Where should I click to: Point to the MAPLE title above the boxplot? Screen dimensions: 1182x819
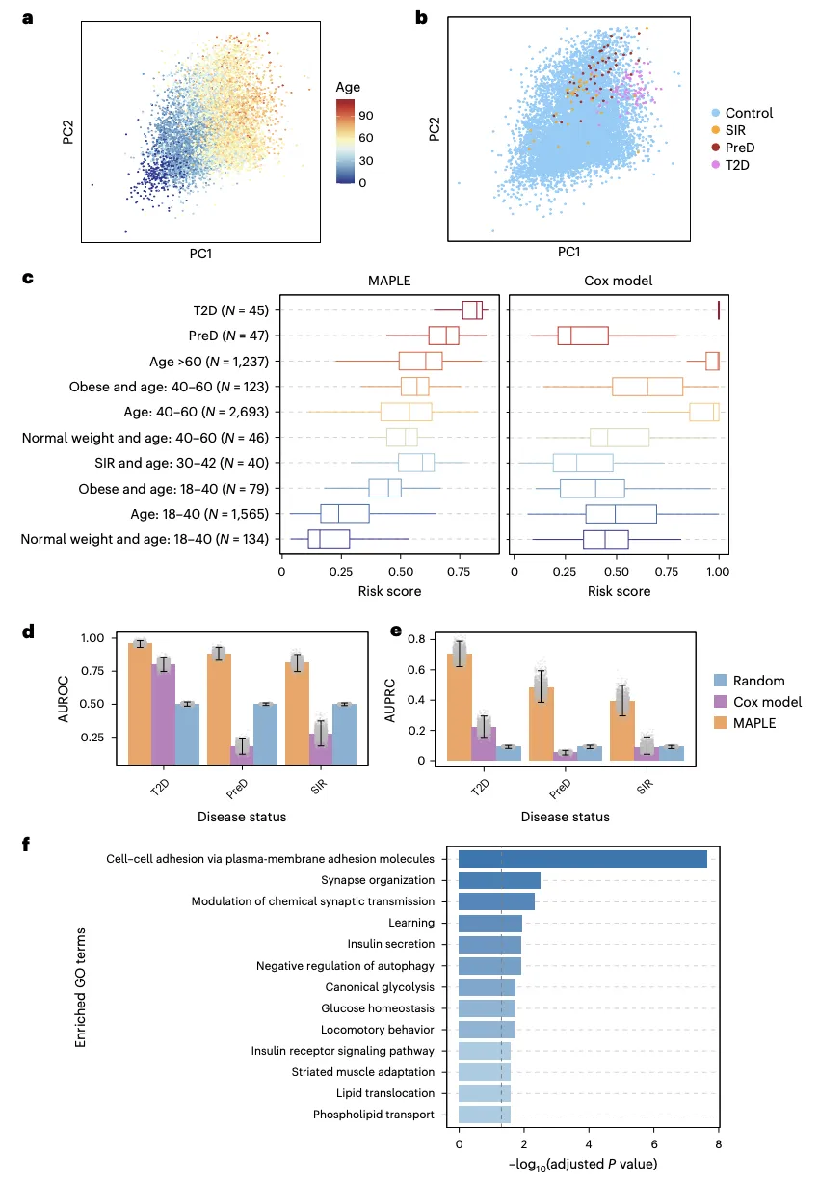click(x=389, y=280)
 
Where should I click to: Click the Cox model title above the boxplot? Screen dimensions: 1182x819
click(x=614, y=280)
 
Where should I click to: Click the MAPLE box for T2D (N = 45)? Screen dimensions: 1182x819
click(x=472, y=309)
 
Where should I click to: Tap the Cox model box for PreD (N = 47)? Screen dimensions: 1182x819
click(x=582, y=336)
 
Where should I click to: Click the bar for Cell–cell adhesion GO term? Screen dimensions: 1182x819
click(x=583, y=859)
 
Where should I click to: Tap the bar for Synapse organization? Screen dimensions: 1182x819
click(x=499, y=880)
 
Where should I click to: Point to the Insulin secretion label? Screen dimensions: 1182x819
click(x=395, y=944)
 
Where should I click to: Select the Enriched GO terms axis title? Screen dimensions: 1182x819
click(x=86, y=987)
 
